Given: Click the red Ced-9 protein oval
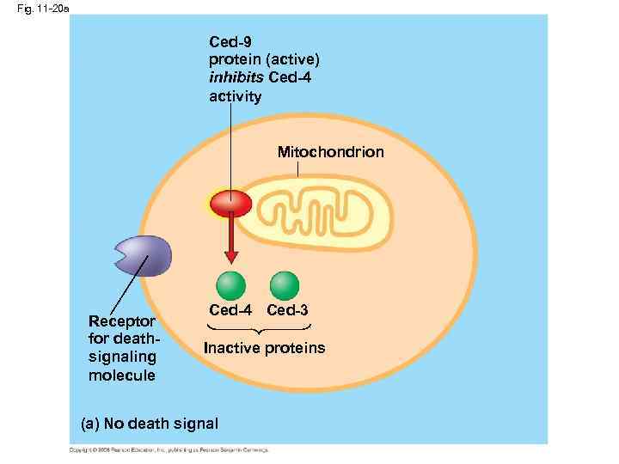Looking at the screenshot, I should (x=230, y=205).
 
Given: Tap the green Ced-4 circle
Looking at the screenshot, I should (x=230, y=284).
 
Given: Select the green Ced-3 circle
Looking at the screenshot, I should (x=285, y=284).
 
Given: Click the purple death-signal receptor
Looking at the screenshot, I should (x=144, y=256).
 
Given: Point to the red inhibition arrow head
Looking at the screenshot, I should (x=230, y=256).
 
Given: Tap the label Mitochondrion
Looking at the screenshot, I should (x=330, y=152).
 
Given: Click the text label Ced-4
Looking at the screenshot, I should (x=231, y=309).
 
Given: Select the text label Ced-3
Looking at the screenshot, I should (x=288, y=309).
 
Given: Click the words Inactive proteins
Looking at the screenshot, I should (x=264, y=348).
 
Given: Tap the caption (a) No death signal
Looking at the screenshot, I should (x=149, y=424).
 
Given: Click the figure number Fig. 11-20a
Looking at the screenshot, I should (x=34, y=8).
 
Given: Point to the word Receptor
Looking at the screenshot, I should (x=120, y=321).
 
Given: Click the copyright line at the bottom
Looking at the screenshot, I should (x=169, y=449).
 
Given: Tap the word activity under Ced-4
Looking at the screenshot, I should (x=235, y=96).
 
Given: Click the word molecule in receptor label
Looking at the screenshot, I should (x=121, y=376).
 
